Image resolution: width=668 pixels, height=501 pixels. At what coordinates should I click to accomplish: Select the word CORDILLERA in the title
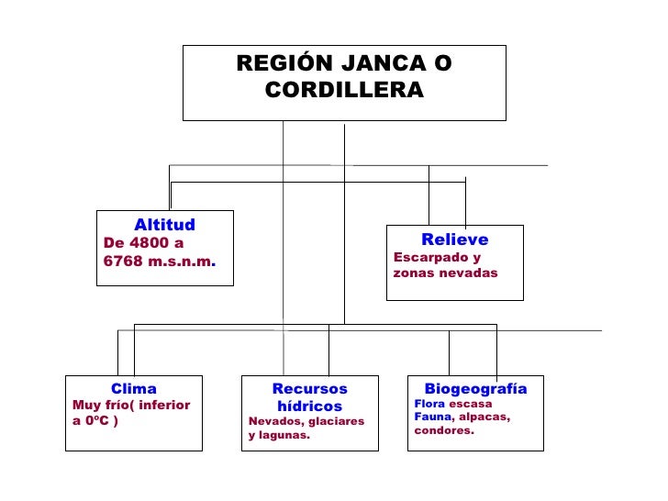tap(344, 91)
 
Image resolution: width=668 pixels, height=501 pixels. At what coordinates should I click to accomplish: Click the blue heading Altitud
tap(164, 225)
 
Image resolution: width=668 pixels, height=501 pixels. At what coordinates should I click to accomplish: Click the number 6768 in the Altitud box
tap(125, 261)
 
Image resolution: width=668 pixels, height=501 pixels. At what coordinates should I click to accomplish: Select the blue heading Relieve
tap(454, 240)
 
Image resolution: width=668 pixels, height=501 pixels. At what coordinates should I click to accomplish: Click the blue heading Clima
tap(134, 389)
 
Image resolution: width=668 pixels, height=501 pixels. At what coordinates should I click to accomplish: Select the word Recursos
tap(310, 390)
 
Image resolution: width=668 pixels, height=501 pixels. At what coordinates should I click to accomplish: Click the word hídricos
tap(309, 406)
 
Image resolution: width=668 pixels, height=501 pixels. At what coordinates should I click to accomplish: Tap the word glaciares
tap(337, 421)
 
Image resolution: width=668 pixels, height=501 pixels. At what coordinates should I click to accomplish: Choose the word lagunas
tap(287, 436)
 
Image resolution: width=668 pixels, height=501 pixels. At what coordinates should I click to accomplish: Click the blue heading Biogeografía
tap(475, 389)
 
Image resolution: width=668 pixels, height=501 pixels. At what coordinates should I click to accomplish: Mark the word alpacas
tap(484, 417)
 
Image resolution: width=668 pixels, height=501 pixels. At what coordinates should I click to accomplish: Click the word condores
tap(444, 430)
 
